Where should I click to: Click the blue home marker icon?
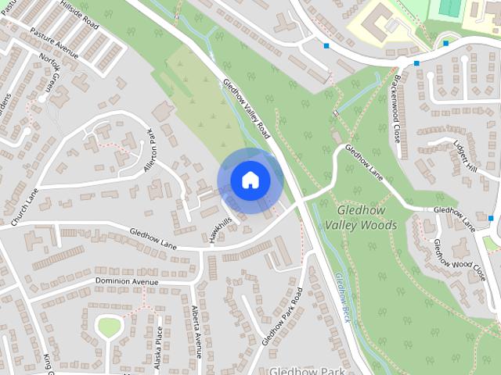pos(250,180)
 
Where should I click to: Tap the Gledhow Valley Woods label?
pos(367,218)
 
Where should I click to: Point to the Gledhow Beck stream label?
pos(342,298)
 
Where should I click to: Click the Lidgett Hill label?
pos(465,157)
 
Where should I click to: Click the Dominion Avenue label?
pos(127,280)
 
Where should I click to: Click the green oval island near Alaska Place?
pos(109,327)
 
